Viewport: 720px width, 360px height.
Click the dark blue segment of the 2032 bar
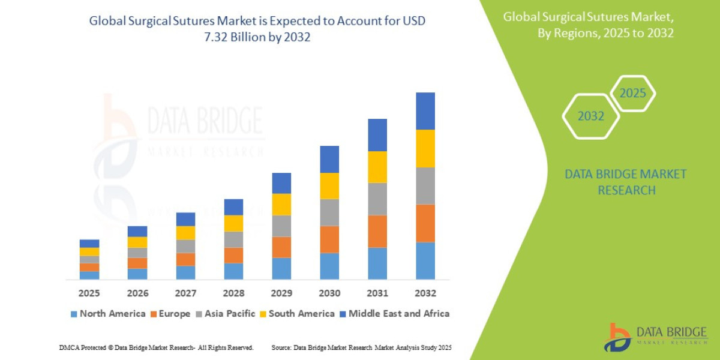click(425, 111)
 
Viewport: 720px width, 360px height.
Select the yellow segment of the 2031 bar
click(377, 167)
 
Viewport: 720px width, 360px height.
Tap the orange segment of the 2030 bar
click(329, 239)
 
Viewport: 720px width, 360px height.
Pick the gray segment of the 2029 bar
click(281, 226)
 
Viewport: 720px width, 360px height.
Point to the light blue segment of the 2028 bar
click(233, 271)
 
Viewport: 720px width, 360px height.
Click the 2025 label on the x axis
click(89, 293)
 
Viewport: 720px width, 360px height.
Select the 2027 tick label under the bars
click(185, 293)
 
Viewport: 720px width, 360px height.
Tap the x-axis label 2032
click(425, 293)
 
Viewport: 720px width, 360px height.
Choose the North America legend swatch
click(74, 314)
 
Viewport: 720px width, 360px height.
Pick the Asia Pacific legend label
click(230, 313)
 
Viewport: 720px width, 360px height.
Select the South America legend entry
click(302, 313)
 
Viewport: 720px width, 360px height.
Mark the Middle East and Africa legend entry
click(399, 313)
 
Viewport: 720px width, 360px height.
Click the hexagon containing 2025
click(632, 94)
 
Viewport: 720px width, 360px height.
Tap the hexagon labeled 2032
click(590, 116)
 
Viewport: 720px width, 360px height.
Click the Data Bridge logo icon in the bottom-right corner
click(616, 337)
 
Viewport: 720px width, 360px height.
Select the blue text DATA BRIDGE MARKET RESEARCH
click(625, 182)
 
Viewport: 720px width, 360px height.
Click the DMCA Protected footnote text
click(156, 347)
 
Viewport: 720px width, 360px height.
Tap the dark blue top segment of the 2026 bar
click(137, 231)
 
